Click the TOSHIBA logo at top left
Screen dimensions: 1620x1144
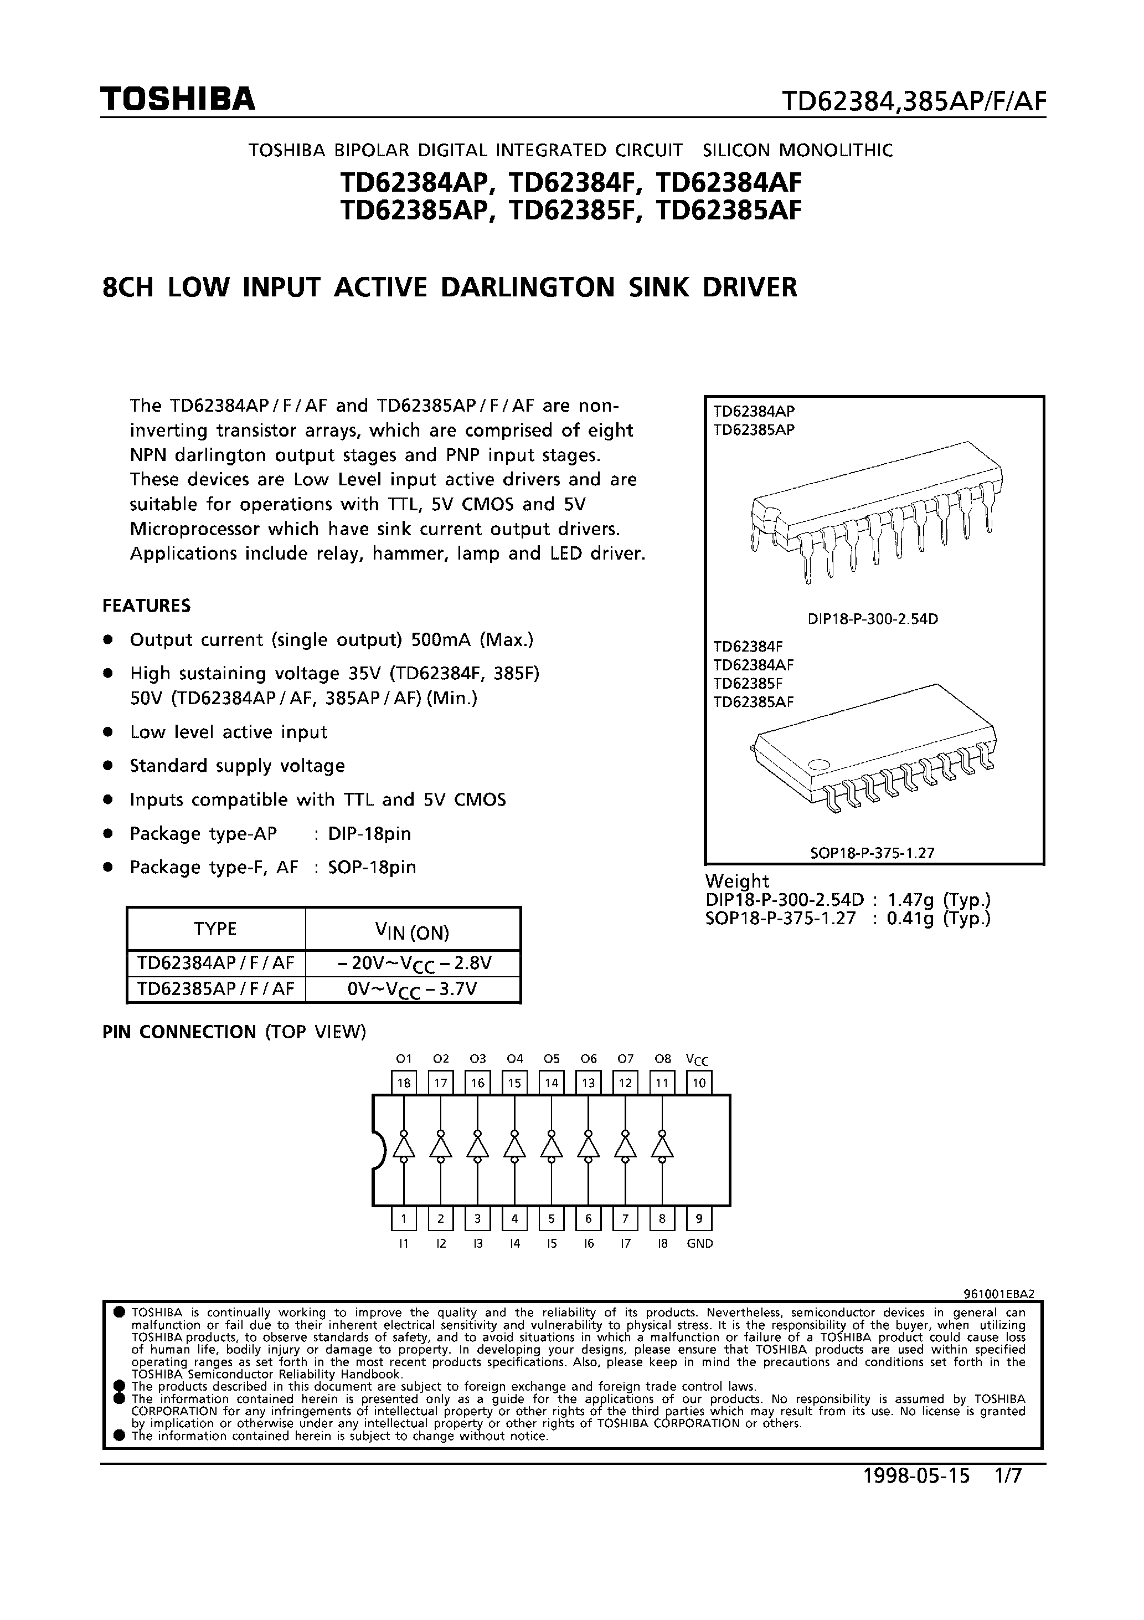coord(177,100)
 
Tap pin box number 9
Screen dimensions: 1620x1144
coord(699,1218)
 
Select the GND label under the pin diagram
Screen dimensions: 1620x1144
coord(700,1244)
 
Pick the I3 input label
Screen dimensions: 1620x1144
coord(477,1244)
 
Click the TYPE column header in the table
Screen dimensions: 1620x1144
coord(215,929)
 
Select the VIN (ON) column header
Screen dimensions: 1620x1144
coord(413,932)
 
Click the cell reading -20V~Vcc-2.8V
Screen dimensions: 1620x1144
coord(413,964)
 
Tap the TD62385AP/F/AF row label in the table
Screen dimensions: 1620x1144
coord(215,989)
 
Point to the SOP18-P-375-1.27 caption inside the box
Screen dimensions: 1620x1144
coord(872,852)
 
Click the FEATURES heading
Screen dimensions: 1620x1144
coord(147,606)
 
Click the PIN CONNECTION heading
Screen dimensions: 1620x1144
coord(180,1032)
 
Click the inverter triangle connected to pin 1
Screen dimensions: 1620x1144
coord(404,1146)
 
